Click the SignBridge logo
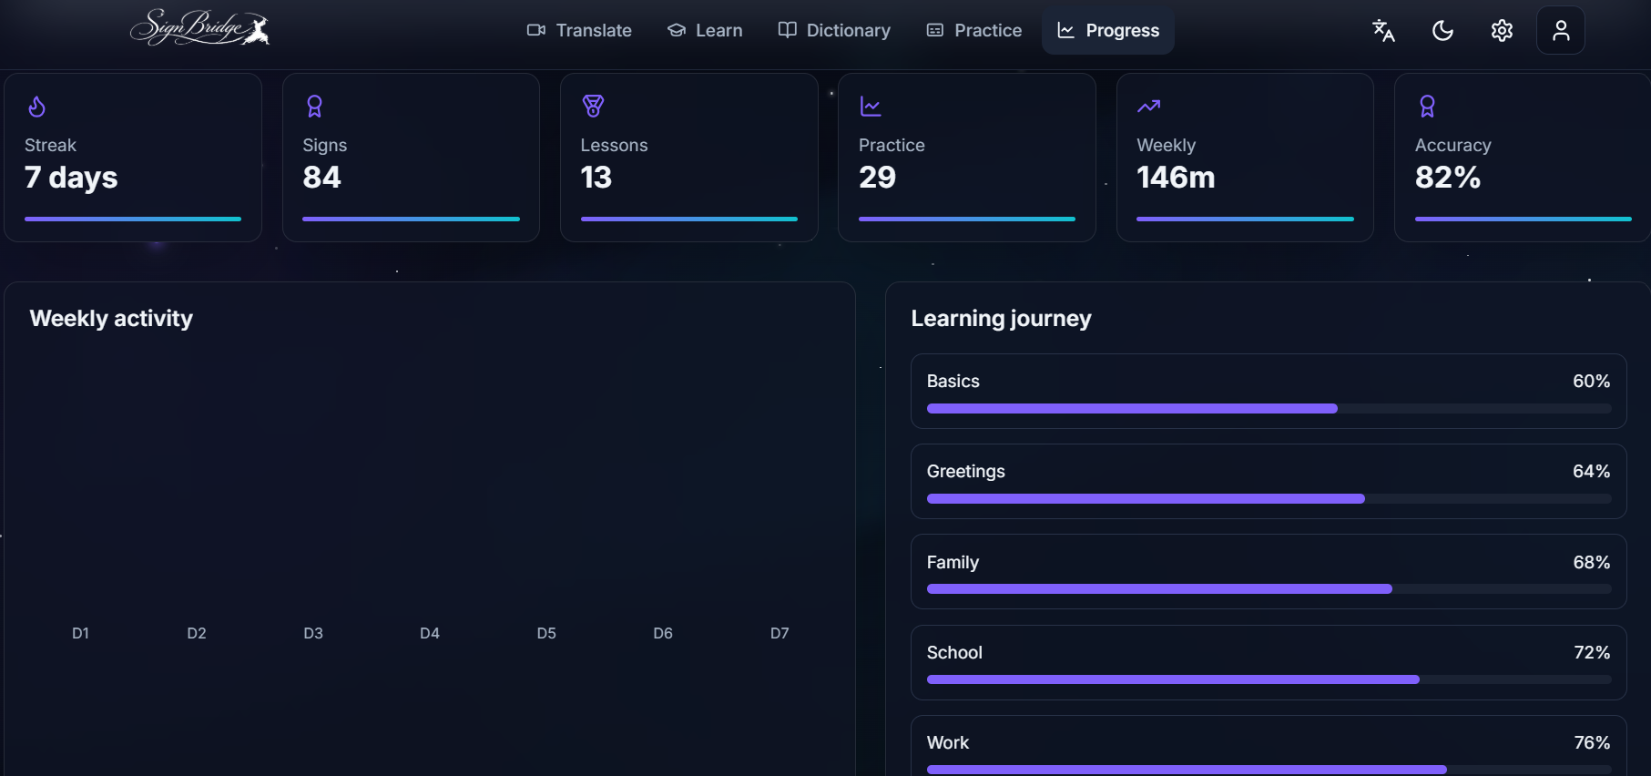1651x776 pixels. pos(199,27)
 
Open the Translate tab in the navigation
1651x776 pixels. pos(579,30)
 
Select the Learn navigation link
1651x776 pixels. pos(705,30)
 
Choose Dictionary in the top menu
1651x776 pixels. pos(834,30)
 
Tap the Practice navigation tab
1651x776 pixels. pos(973,30)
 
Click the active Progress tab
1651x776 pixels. pos(1108,30)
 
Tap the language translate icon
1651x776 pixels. pos(1383,30)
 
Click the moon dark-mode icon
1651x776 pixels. pos(1442,30)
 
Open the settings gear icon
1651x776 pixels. pos(1502,30)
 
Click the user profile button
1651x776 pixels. pos(1561,30)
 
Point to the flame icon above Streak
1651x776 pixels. pos(36,107)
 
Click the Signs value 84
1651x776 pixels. pos(321,177)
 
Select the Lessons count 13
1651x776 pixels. pos(596,177)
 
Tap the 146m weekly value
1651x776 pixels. pos(1176,177)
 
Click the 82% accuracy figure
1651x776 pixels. pos(1448,177)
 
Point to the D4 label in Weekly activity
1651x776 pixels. pos(430,633)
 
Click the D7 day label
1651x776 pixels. pos(780,633)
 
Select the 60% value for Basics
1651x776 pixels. pos(1592,381)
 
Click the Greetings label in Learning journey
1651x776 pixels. pos(966,472)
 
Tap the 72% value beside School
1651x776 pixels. pos(1592,652)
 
